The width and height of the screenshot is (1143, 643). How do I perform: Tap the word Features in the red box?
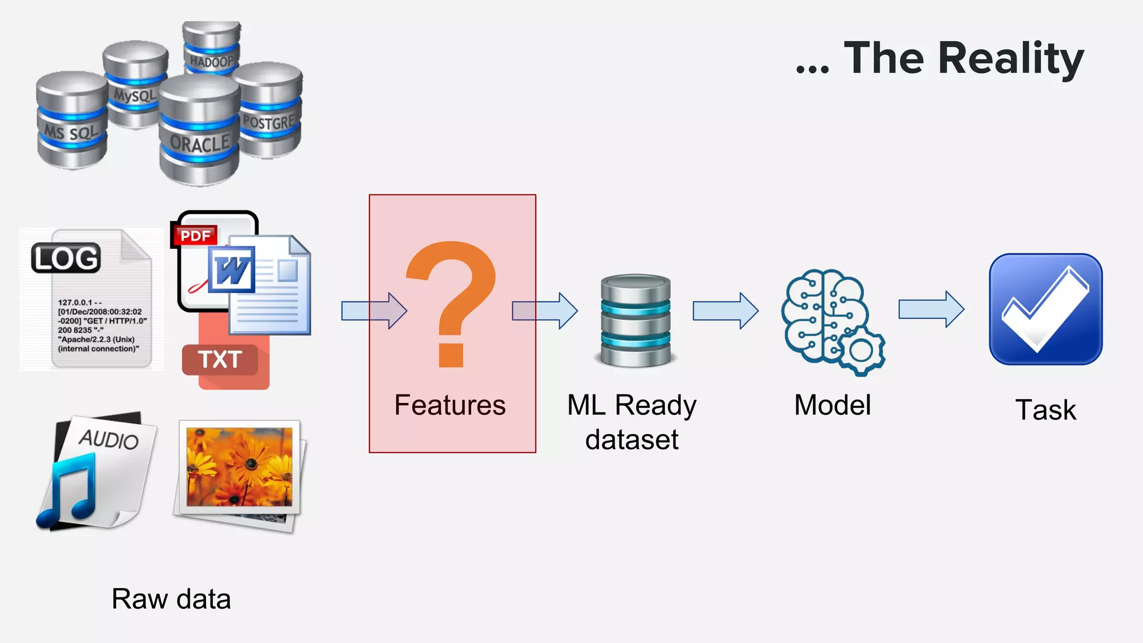(x=450, y=405)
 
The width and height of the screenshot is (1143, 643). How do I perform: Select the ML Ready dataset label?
(x=632, y=422)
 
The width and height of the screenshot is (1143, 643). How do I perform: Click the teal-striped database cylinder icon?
(x=636, y=320)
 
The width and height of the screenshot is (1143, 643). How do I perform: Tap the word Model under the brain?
(x=832, y=405)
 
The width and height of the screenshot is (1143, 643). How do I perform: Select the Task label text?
(x=1045, y=410)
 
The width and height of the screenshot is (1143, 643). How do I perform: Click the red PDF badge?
(x=195, y=236)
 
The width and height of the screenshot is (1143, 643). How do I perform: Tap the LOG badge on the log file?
(x=66, y=258)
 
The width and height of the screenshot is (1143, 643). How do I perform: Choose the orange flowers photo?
(x=239, y=467)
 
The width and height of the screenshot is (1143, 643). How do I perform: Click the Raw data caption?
(x=171, y=599)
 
